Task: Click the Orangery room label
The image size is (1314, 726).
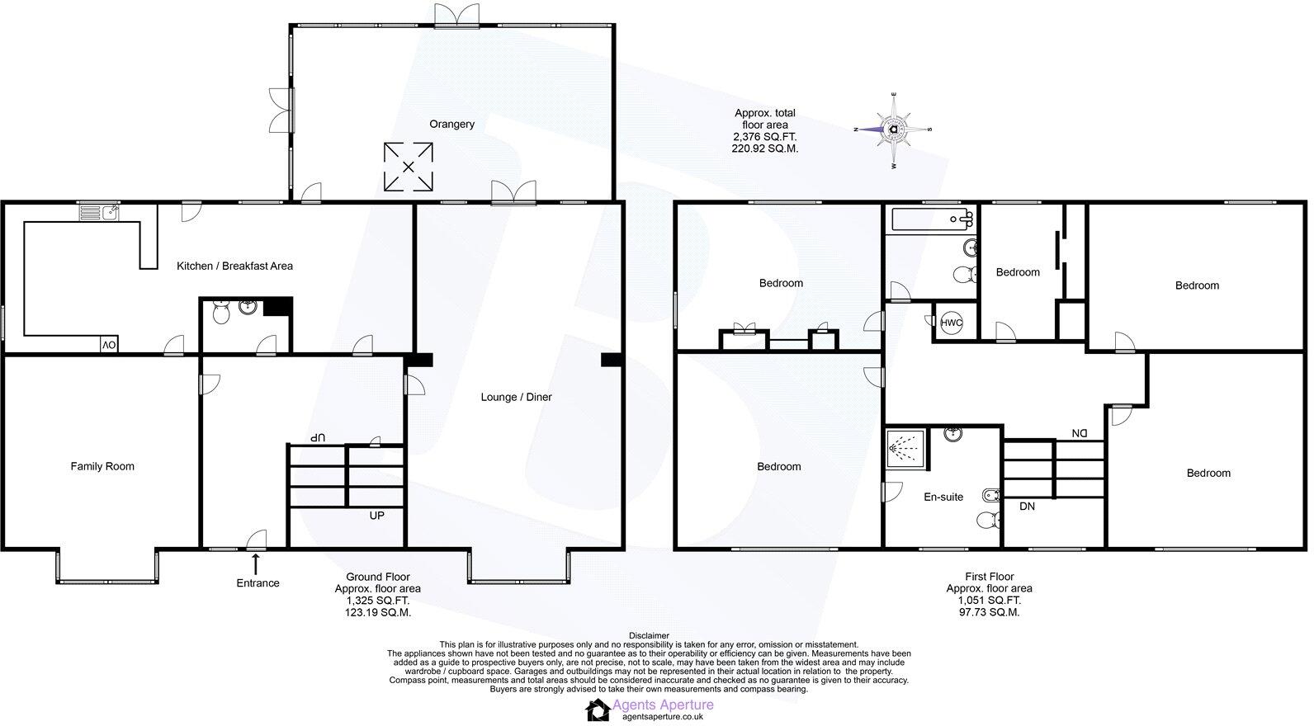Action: [x=451, y=125]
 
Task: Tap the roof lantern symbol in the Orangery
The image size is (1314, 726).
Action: [x=408, y=167]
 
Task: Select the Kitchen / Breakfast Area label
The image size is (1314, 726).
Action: [x=234, y=266]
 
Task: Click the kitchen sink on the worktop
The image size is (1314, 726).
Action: [x=99, y=214]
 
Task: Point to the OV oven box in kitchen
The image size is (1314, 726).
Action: [x=108, y=345]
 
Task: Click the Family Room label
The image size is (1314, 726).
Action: [x=102, y=466]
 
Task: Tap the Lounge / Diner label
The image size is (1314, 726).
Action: [x=516, y=397]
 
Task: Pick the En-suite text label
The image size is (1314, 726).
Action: [x=943, y=497]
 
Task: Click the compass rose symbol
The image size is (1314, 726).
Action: [x=894, y=130]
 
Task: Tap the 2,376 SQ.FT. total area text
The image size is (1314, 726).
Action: [x=765, y=137]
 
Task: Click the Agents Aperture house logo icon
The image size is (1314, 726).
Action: [x=596, y=709]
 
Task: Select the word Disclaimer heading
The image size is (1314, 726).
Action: [x=649, y=635]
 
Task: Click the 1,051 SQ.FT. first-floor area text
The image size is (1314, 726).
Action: [x=989, y=601]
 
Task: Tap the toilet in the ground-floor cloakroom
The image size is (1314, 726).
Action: [x=221, y=313]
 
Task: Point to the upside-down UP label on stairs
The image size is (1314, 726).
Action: [x=317, y=436]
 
